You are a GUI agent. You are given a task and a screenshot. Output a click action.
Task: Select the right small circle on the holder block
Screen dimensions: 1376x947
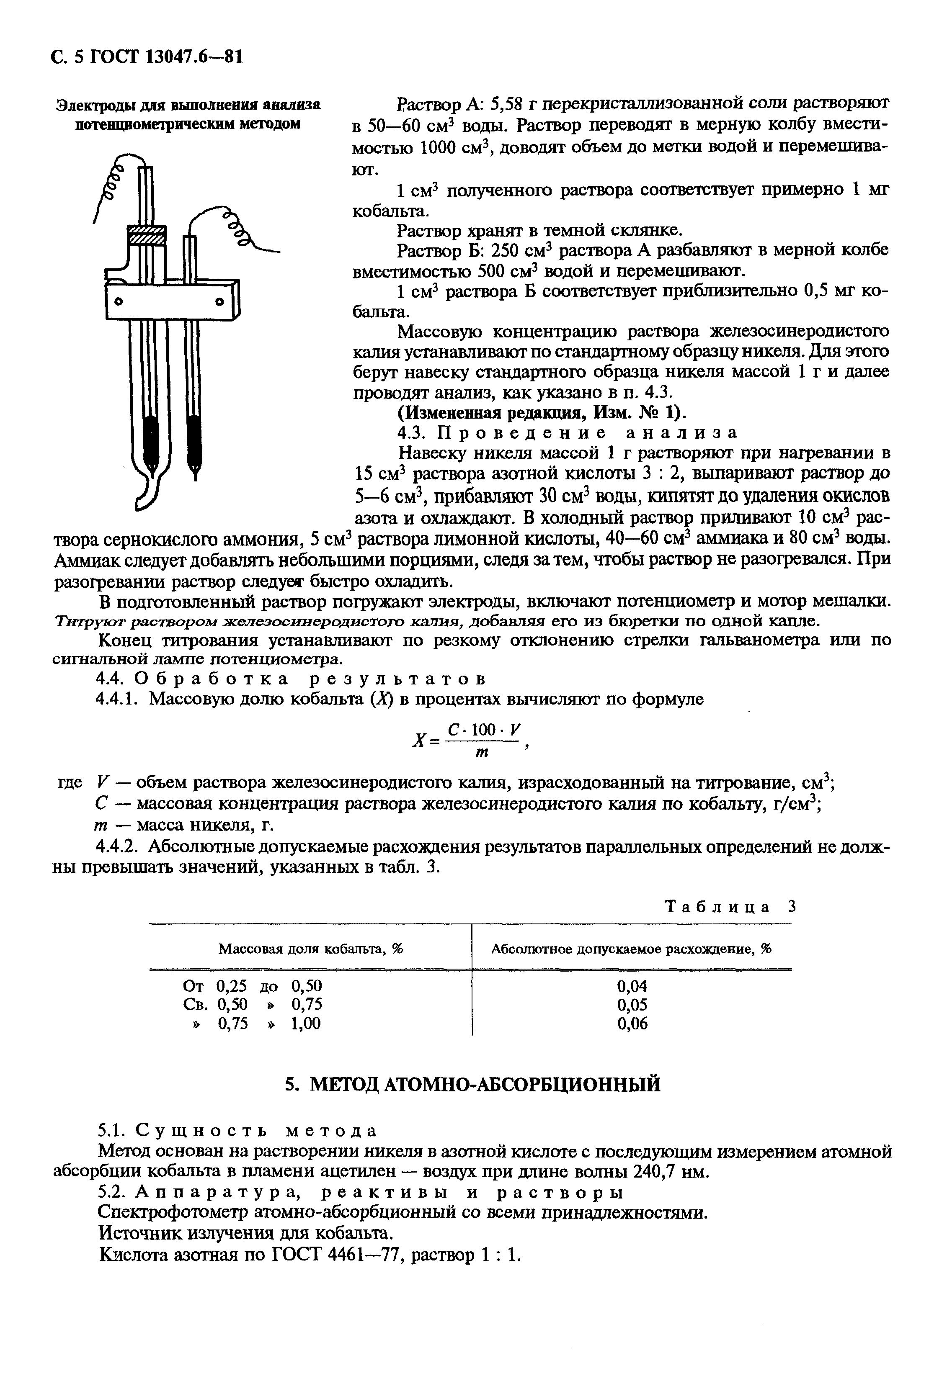click(x=221, y=303)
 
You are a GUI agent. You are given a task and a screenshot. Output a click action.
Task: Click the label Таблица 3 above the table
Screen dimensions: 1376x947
click(x=729, y=906)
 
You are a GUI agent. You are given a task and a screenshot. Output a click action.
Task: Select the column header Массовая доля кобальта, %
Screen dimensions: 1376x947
click(x=310, y=948)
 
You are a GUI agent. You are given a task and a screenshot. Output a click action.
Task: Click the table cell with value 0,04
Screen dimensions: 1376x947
click(x=632, y=986)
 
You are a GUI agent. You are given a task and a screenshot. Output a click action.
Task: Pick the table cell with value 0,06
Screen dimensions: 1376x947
click(x=632, y=1023)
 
